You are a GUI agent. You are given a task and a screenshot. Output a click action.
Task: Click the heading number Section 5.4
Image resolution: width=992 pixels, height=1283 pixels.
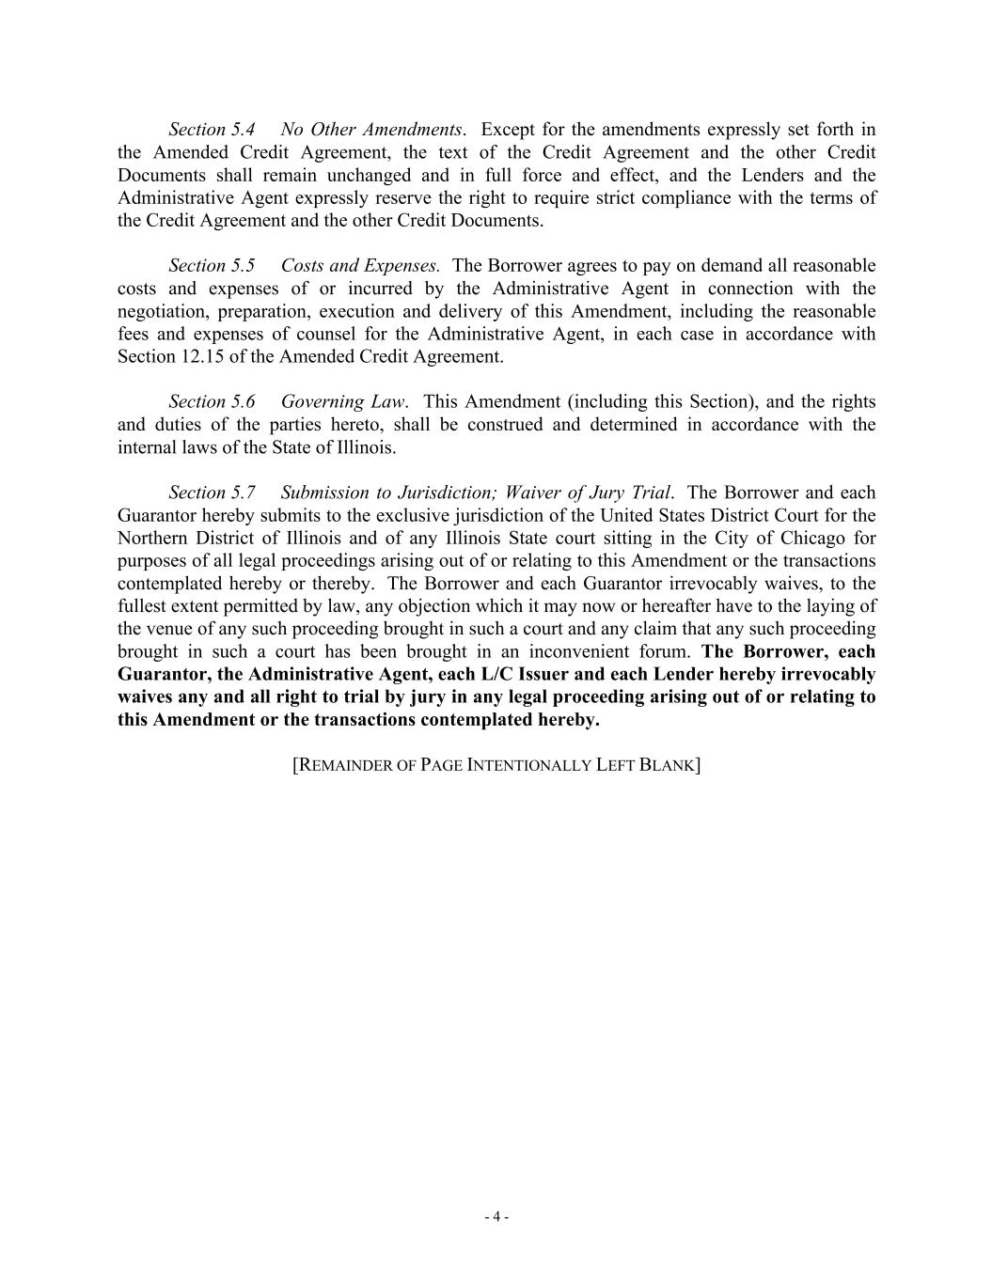pos(212,130)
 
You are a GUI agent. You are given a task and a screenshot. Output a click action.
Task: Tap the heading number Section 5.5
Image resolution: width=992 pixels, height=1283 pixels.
pos(212,266)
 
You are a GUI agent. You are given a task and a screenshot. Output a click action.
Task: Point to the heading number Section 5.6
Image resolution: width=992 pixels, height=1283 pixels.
pos(212,402)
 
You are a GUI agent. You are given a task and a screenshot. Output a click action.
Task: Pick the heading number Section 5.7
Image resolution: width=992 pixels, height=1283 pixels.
pos(212,493)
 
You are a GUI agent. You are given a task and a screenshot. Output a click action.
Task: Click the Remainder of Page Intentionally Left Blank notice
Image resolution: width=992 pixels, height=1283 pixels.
pos(496,765)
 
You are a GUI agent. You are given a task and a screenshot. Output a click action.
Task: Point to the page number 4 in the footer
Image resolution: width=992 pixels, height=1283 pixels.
pos(496,1217)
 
